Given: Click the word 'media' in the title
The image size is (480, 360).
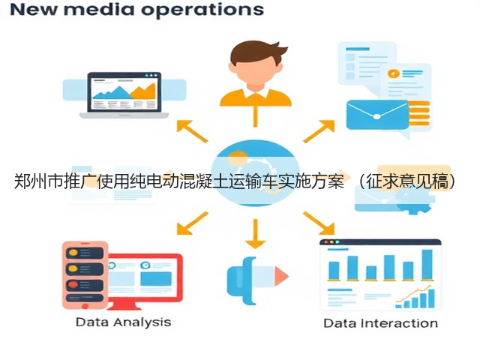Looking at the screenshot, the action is (x=99, y=9).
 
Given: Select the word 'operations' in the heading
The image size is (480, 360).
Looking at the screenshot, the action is (x=202, y=10).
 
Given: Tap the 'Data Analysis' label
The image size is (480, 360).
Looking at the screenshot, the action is (x=123, y=322).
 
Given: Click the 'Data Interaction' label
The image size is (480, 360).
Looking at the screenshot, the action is (x=380, y=323).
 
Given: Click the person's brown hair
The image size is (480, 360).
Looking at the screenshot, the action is (x=256, y=52).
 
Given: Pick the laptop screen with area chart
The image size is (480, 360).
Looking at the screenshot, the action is (x=124, y=92).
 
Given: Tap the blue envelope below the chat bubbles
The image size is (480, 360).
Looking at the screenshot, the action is (x=377, y=115).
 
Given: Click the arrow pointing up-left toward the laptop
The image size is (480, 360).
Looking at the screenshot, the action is (x=192, y=131).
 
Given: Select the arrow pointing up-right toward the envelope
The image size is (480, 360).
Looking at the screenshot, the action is (x=319, y=131).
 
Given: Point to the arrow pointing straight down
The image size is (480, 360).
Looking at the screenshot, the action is (x=255, y=234).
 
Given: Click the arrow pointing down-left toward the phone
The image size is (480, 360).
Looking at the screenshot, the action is (x=192, y=223).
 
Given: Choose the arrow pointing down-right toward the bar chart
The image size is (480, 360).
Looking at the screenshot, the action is (x=319, y=223).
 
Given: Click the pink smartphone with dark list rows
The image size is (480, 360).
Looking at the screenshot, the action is (x=85, y=275).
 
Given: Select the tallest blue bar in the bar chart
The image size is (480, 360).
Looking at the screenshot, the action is (x=427, y=265).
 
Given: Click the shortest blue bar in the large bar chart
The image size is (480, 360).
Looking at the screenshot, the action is (x=371, y=273).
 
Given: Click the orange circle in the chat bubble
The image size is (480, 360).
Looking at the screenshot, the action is (x=394, y=73).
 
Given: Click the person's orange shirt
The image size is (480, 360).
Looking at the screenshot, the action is (x=256, y=97).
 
